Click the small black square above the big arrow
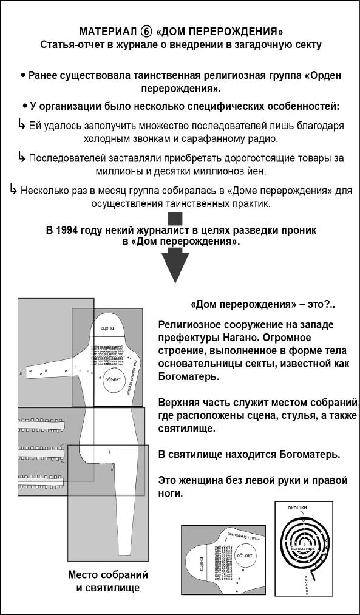[x=175, y=219]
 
